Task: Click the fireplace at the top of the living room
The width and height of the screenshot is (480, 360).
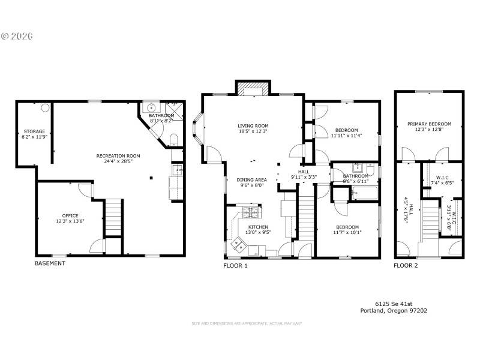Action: click(x=252, y=89)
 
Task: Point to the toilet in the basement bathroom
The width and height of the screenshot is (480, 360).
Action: click(x=173, y=139)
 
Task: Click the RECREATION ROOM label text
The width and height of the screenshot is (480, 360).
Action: click(x=118, y=155)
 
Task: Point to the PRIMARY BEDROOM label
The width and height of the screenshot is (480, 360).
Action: click(x=429, y=124)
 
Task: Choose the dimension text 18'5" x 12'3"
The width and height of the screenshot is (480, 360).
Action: click(x=252, y=131)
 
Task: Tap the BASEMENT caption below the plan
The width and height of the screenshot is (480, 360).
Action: click(x=50, y=263)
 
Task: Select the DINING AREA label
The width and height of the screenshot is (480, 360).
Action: click(x=252, y=179)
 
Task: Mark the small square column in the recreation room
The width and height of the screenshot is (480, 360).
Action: click(x=151, y=177)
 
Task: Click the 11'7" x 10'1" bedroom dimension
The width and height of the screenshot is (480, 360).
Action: click(x=347, y=233)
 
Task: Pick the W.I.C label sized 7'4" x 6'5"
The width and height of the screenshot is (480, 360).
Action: click(x=442, y=177)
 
